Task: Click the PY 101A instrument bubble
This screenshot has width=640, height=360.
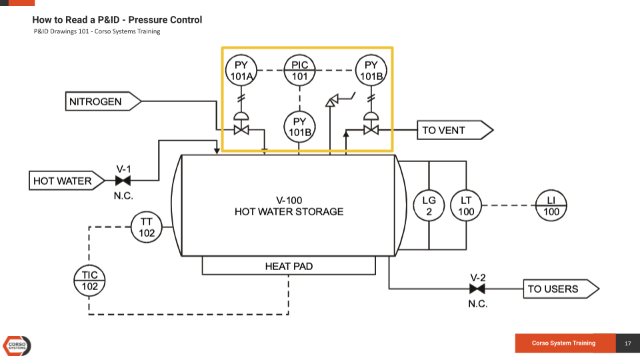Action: [x=241, y=71]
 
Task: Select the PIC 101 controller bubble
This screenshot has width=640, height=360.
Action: [x=300, y=71]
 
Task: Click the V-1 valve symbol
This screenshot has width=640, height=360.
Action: [x=123, y=181]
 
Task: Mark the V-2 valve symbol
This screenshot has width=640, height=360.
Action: [x=477, y=289]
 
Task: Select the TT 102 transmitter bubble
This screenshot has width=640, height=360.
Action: [x=147, y=227]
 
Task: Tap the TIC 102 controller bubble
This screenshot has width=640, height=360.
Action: [x=90, y=281]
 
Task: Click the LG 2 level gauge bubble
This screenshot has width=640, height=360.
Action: [x=429, y=206]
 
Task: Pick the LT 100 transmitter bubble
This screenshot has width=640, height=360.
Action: [x=466, y=206]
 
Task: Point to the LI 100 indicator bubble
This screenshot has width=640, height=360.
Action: [x=551, y=206]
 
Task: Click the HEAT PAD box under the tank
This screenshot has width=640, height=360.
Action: [x=289, y=267]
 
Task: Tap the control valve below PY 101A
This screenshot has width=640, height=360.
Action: [x=241, y=129]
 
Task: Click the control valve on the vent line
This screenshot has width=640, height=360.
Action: [x=371, y=129]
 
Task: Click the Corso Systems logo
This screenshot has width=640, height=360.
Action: [x=17, y=345]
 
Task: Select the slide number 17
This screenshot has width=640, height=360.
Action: [x=627, y=343]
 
